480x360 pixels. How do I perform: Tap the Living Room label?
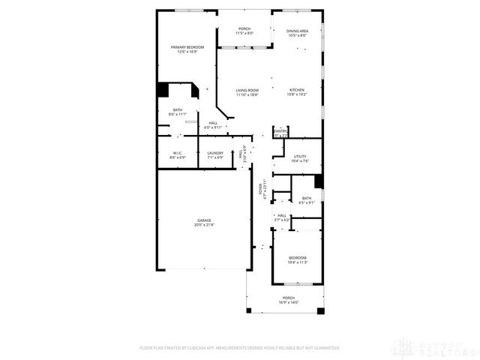(x=247, y=92)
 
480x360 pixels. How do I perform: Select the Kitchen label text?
(x=298, y=92)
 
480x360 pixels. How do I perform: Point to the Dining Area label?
(x=298, y=33)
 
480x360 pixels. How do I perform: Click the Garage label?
(x=203, y=223)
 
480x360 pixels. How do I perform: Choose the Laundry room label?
(x=215, y=155)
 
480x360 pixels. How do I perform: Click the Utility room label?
(x=300, y=159)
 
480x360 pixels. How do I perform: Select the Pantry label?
(x=280, y=133)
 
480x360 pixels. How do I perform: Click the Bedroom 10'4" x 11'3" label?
(x=298, y=260)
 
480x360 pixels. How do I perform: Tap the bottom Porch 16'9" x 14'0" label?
(x=289, y=301)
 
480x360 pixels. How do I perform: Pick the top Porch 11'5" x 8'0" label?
(x=244, y=31)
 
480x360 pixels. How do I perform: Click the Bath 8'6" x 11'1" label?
(x=178, y=112)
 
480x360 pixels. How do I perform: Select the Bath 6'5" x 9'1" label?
(x=307, y=200)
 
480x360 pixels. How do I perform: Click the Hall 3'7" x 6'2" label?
(x=283, y=217)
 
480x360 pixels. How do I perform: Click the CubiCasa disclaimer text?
(x=240, y=348)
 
